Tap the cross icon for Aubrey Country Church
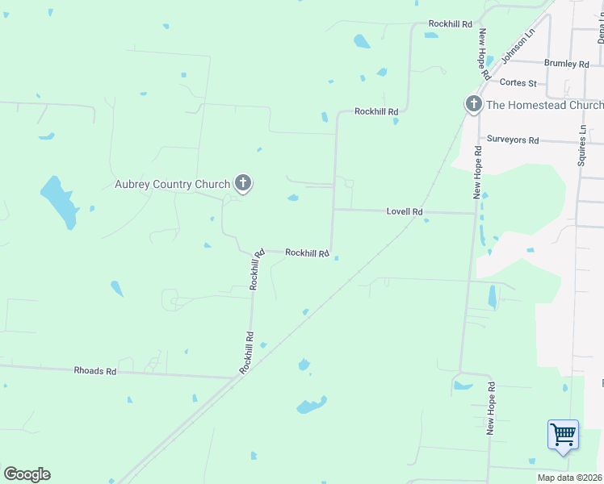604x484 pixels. coord(242,183)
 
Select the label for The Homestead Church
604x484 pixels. coord(544,105)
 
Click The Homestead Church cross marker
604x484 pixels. coord(473,104)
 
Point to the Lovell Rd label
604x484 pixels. coord(405,211)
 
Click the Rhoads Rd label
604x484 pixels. coord(95,371)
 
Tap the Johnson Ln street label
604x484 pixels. coord(518,48)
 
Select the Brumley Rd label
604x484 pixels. coord(566,64)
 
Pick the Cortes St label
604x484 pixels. coord(518,82)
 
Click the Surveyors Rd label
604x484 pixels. coord(512,140)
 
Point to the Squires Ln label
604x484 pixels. coord(581,146)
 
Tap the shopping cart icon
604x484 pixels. coord(563,434)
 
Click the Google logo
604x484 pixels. coord(27,474)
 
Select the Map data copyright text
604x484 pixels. coord(570,478)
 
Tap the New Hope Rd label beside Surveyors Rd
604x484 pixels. coord(478,172)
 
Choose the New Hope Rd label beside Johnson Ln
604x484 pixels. coord(484,53)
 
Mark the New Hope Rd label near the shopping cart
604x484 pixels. coord(490,409)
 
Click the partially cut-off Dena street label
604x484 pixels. coord(601,32)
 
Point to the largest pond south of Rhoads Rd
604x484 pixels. coord(312,404)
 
